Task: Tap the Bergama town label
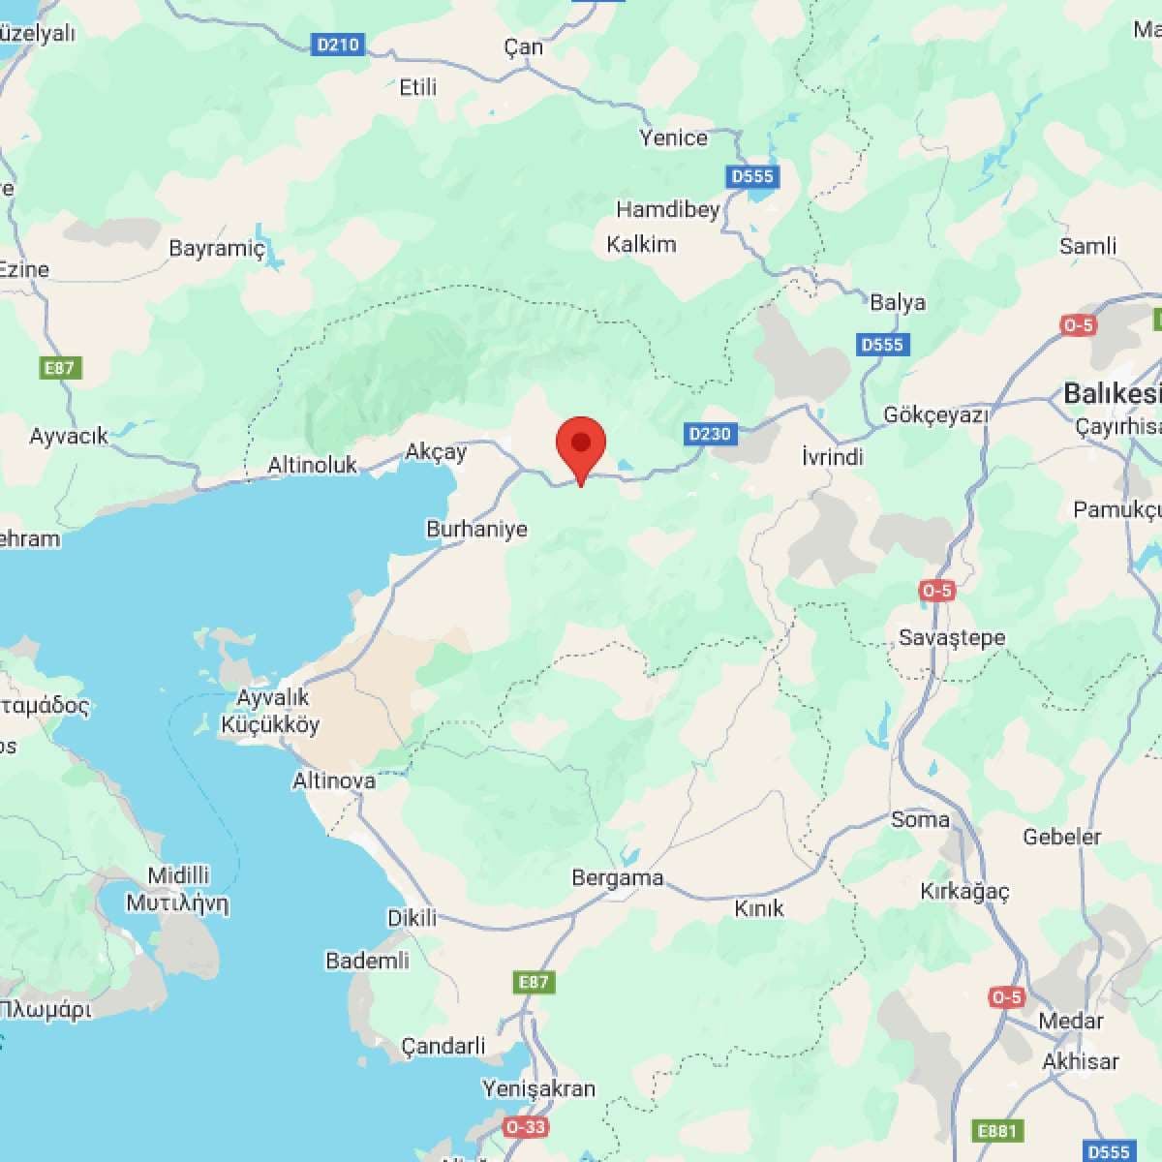click(617, 878)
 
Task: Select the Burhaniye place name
click(476, 529)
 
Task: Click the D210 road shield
click(338, 44)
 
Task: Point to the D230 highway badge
click(709, 433)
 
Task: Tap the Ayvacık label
click(69, 436)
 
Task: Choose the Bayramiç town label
click(216, 248)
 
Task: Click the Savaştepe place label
click(952, 637)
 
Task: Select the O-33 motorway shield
click(525, 1126)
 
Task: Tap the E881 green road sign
click(996, 1131)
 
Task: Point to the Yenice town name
click(673, 138)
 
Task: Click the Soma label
click(920, 819)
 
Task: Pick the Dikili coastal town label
click(413, 918)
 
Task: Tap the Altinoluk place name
click(312, 465)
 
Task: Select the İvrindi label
click(832, 456)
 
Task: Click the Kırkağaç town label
click(964, 891)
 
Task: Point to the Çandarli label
click(443, 1046)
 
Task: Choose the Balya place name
click(897, 302)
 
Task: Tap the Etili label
click(418, 87)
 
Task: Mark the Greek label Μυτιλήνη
click(177, 903)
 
